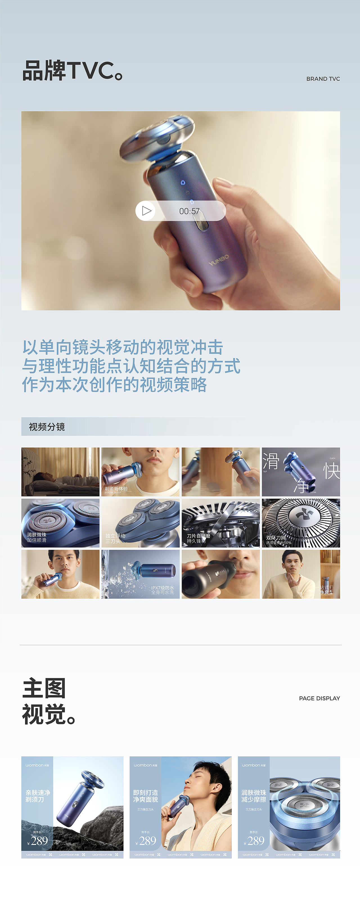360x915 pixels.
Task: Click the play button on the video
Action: pyautogui.click(x=146, y=211)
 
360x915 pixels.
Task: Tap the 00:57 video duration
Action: pyautogui.click(x=189, y=211)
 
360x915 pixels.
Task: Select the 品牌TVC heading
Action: pyautogui.click(x=73, y=71)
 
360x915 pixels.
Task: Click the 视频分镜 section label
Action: pyautogui.click(x=47, y=427)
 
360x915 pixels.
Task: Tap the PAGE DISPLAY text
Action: pyautogui.click(x=319, y=698)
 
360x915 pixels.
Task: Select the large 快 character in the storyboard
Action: pyautogui.click(x=331, y=471)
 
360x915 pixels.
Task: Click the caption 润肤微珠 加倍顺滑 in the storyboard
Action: pyautogui.click(x=37, y=537)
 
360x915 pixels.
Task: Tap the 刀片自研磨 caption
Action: pyautogui.click(x=198, y=536)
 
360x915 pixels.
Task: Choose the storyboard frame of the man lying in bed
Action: pyautogui.click(x=60, y=472)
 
